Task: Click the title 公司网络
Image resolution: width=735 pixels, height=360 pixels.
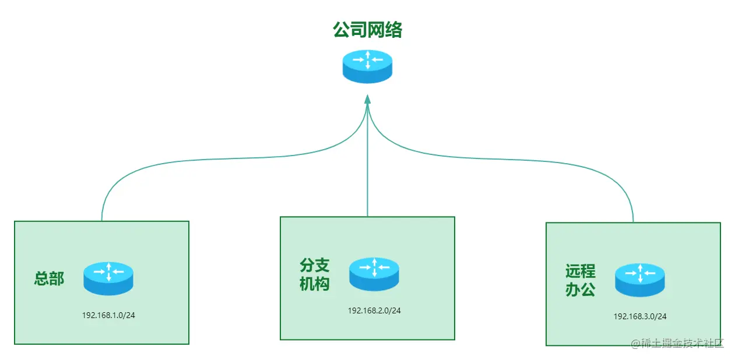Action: [367, 30]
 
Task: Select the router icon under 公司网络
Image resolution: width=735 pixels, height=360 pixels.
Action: [367, 66]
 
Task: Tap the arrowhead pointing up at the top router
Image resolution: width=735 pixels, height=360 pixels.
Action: [367, 100]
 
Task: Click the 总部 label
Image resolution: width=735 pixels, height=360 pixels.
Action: [49, 278]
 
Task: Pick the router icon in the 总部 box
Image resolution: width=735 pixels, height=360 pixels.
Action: [108, 278]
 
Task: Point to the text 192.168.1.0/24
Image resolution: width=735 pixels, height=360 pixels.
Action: [112, 315]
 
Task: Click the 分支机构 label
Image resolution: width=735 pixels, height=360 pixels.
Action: [315, 275]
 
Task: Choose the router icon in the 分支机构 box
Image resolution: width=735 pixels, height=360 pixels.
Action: [374, 274]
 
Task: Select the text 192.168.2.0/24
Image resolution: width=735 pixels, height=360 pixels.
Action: [374, 310]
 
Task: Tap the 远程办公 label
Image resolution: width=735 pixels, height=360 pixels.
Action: [580, 280]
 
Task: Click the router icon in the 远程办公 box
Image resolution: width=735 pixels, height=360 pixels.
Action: [639, 280]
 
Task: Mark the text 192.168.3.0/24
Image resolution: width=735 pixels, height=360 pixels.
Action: [640, 316]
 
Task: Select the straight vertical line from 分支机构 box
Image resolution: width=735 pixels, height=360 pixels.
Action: [367, 169]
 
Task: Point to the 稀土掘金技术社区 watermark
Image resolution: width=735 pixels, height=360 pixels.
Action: [677, 343]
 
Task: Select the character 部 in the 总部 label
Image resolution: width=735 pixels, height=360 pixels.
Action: [57, 278]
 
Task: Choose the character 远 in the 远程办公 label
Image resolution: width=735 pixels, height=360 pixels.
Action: [572, 271]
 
